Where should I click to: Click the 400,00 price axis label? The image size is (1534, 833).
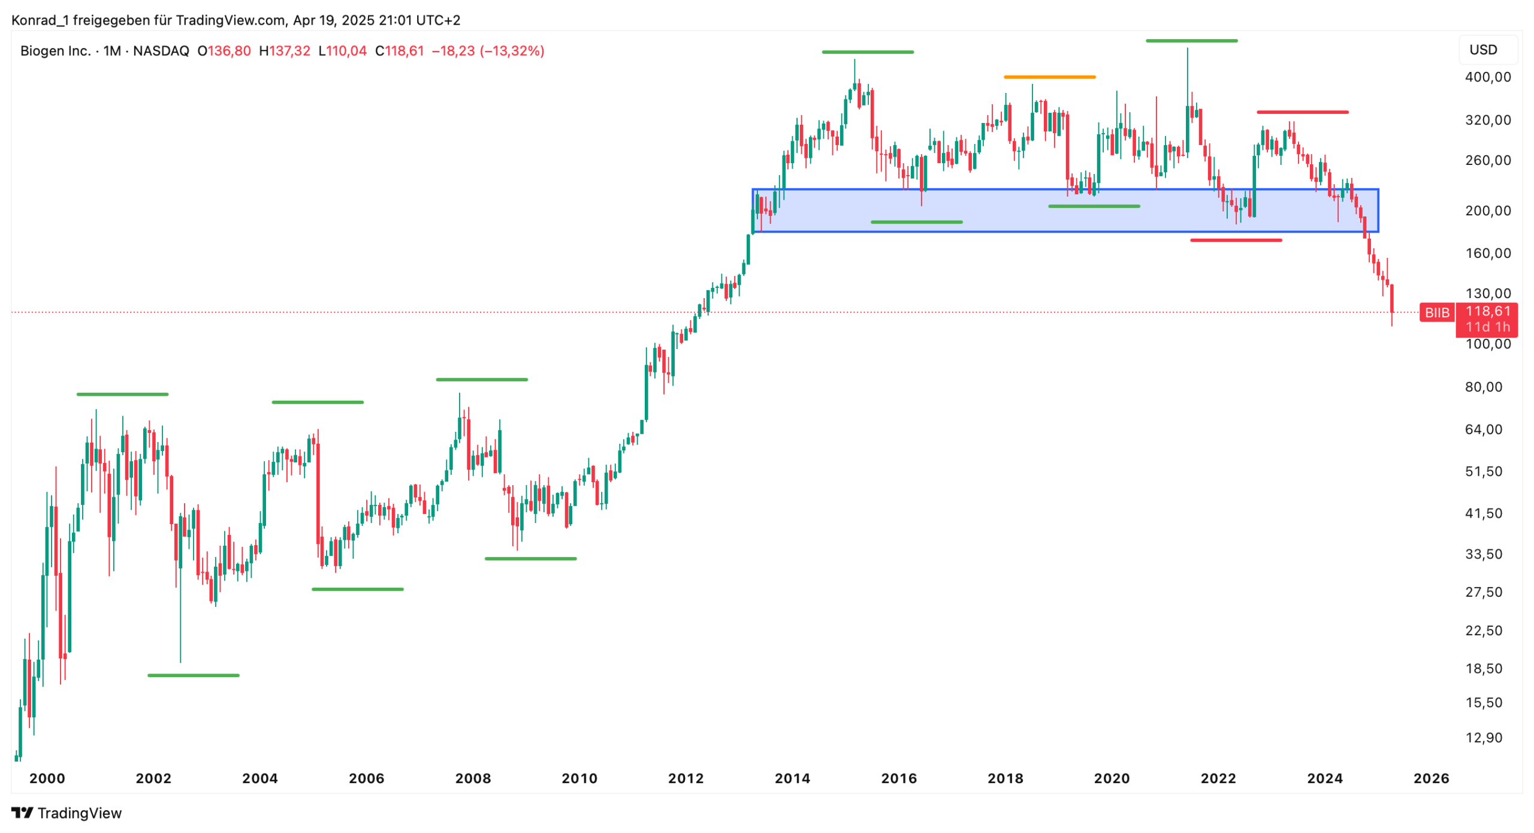(1488, 77)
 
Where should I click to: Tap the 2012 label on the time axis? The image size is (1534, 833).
(686, 778)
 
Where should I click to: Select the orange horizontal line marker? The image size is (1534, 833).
(1049, 77)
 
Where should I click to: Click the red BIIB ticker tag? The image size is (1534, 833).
(1436, 312)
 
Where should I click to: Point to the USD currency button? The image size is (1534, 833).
(1483, 50)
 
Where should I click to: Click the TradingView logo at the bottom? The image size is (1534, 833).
(67, 813)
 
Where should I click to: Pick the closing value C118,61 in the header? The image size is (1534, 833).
(399, 51)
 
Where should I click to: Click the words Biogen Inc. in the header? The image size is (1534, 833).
(56, 51)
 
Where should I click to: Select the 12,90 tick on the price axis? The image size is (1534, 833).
(1484, 738)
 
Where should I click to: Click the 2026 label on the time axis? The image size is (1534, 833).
(1431, 778)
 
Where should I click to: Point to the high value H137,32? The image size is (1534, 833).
(285, 51)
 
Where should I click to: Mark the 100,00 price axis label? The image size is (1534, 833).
(1488, 344)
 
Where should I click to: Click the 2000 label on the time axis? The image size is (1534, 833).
(47, 778)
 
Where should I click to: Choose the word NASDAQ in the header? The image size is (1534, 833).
(161, 51)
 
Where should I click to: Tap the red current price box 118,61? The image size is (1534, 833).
(1488, 311)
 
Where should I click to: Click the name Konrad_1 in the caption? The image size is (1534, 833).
(40, 20)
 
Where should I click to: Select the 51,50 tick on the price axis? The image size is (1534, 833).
(1484, 471)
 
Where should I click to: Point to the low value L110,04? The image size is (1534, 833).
(342, 51)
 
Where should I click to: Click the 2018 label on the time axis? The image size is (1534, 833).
(1005, 778)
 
